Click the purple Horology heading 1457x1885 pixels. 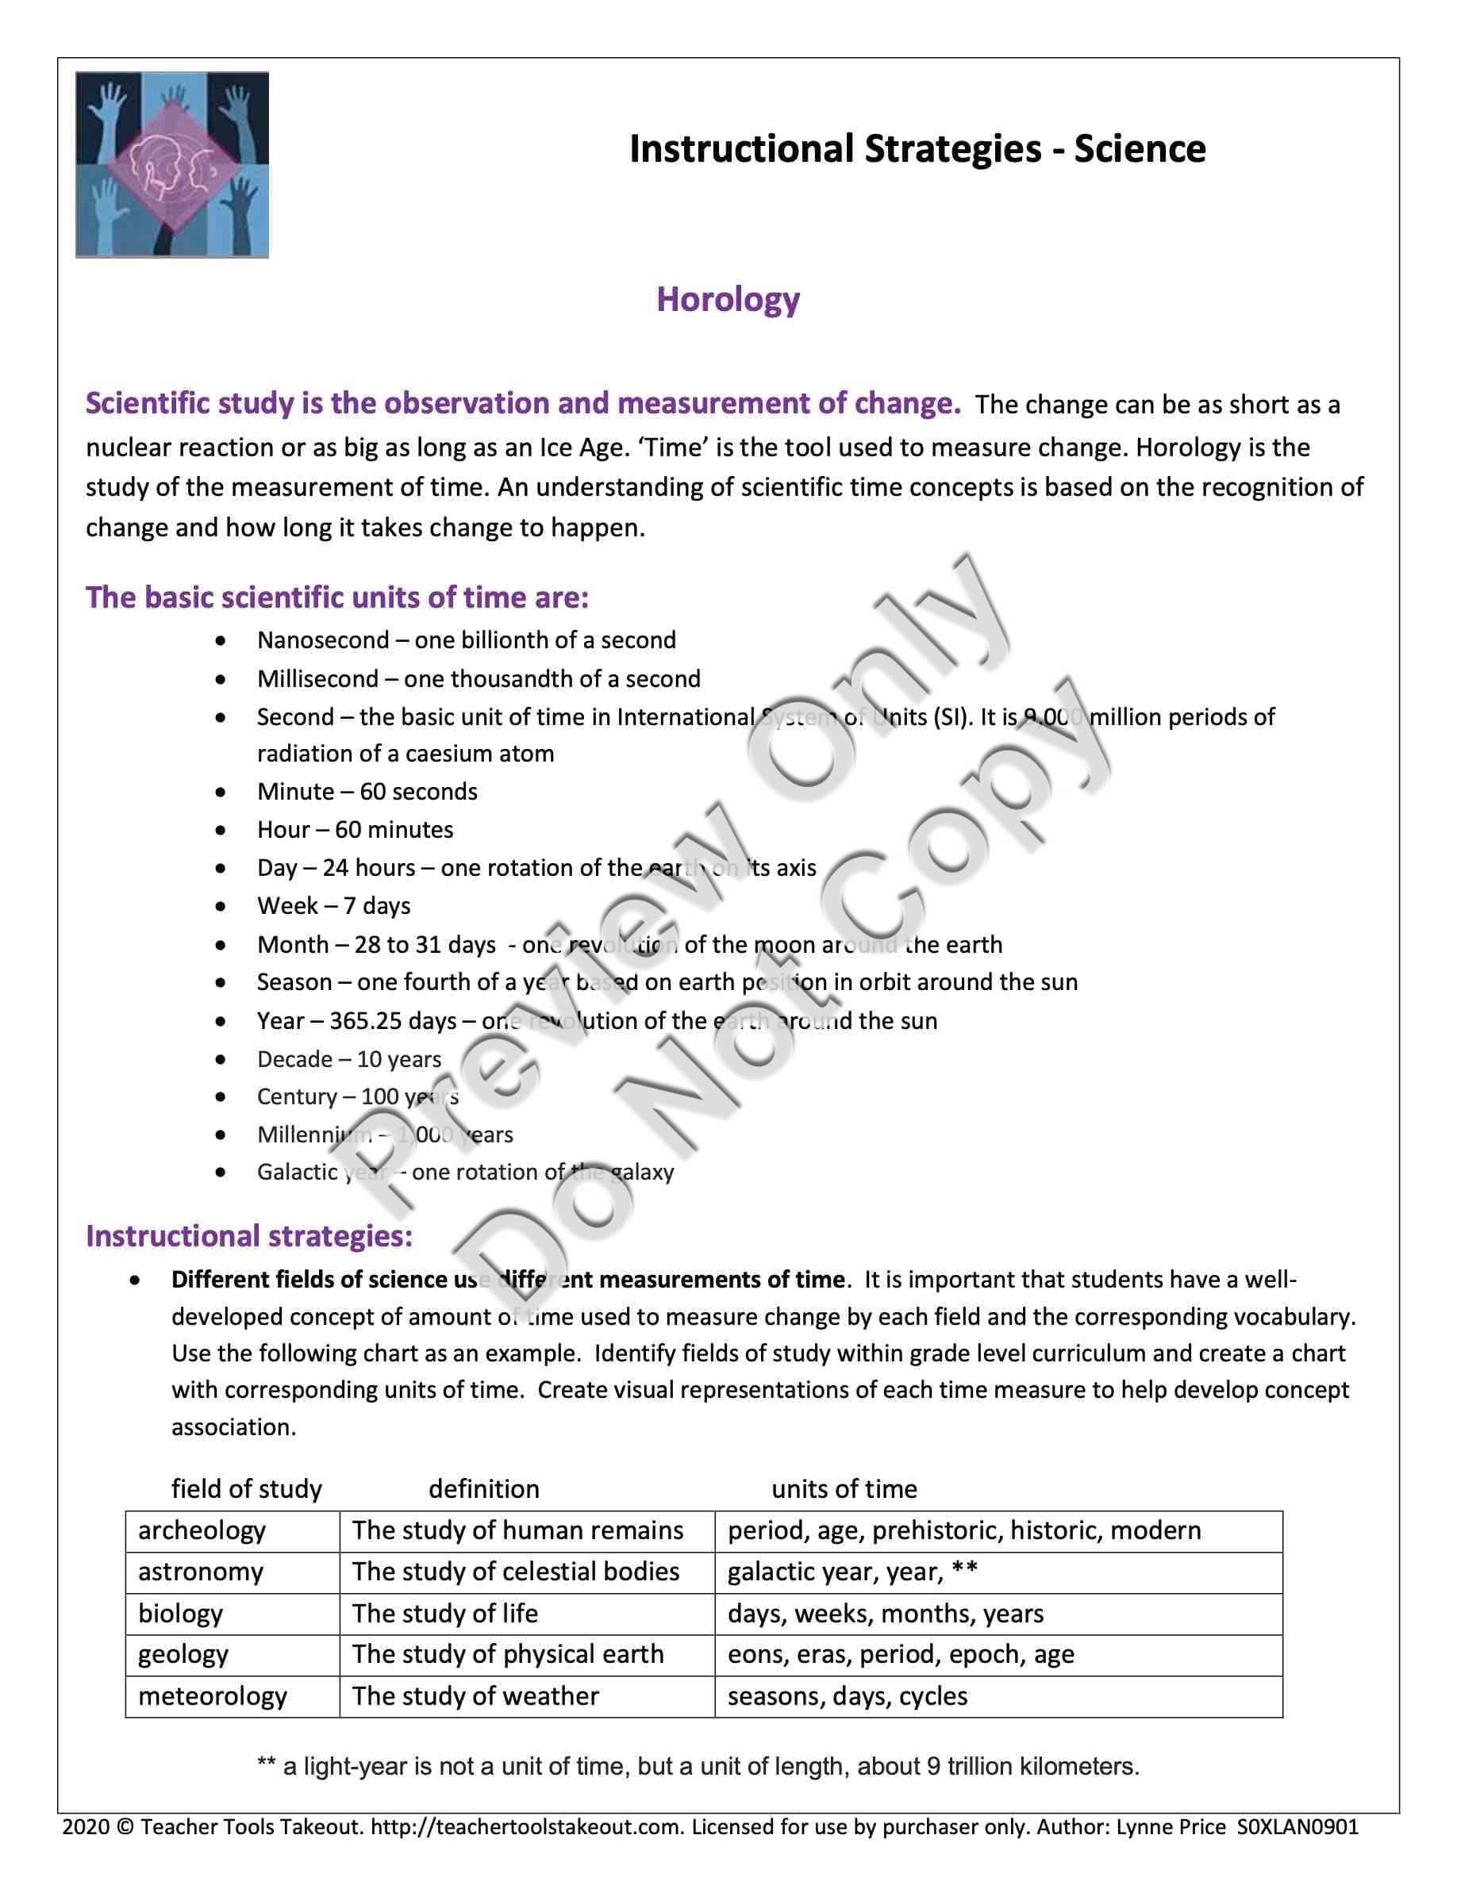point(728,300)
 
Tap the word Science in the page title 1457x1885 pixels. point(1140,148)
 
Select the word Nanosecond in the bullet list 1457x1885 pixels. point(311,640)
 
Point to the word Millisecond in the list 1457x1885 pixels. point(317,679)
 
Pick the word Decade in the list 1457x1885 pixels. point(294,1059)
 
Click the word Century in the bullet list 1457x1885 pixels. point(297,1097)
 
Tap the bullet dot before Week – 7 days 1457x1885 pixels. point(222,906)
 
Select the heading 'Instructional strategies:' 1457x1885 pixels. point(248,1236)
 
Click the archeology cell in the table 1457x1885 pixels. point(202,1531)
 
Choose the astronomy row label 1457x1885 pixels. point(200,1572)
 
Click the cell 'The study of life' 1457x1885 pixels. point(444,1613)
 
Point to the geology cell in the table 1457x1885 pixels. point(183,1655)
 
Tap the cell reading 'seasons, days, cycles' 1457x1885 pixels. point(847,1696)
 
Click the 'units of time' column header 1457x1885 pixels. point(844,1489)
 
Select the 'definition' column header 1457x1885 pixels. point(483,1489)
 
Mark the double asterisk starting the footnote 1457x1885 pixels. point(266,1766)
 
